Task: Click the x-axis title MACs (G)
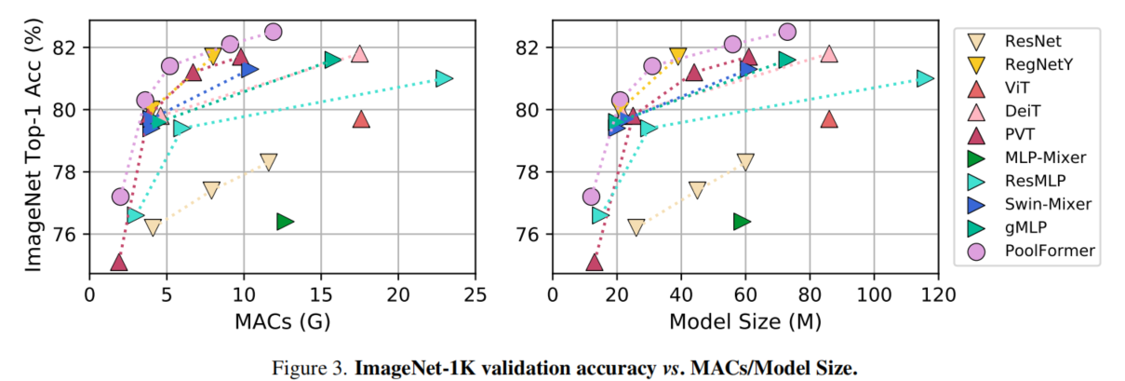coord(283,321)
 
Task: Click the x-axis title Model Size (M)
coord(746,321)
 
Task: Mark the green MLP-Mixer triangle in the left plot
coord(285,221)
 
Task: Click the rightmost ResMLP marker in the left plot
coord(444,78)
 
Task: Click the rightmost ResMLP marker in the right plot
coord(924,78)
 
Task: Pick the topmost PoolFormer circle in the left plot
coord(273,32)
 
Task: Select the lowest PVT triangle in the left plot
coord(118,262)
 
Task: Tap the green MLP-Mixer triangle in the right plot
coord(742,221)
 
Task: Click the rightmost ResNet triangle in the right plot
coord(744,162)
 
